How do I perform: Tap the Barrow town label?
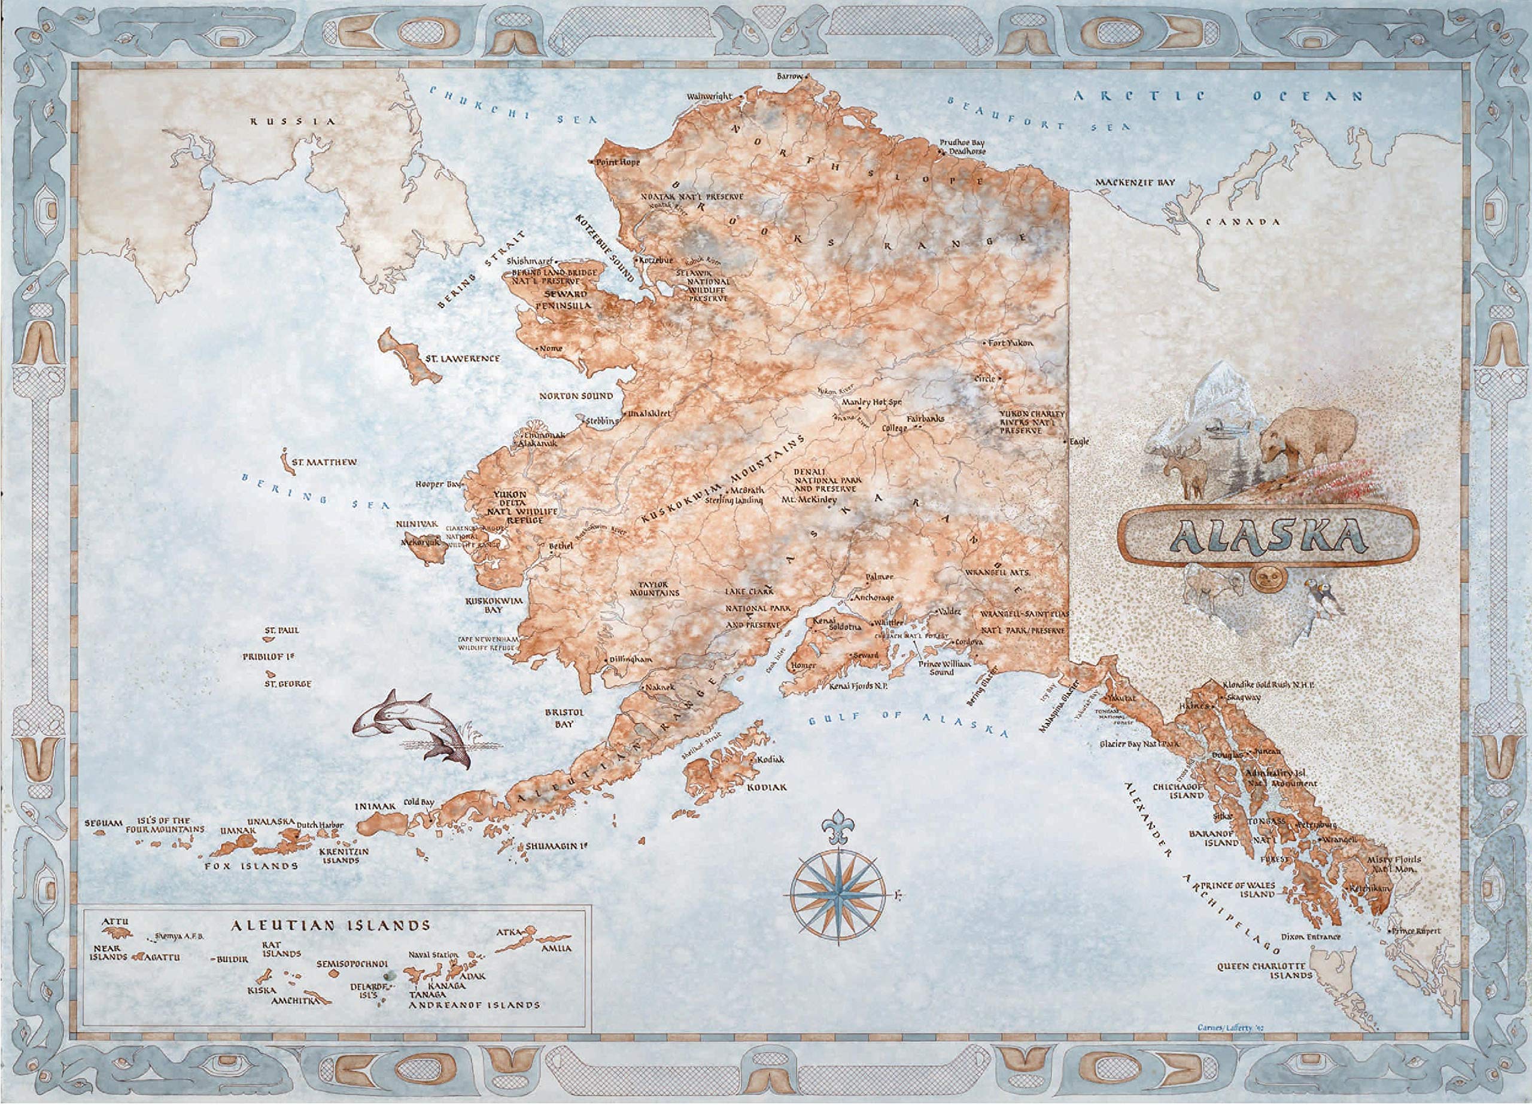(x=789, y=77)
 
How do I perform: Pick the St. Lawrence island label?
(x=462, y=358)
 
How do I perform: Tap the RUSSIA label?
(x=293, y=121)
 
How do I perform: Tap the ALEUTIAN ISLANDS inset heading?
(x=330, y=925)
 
